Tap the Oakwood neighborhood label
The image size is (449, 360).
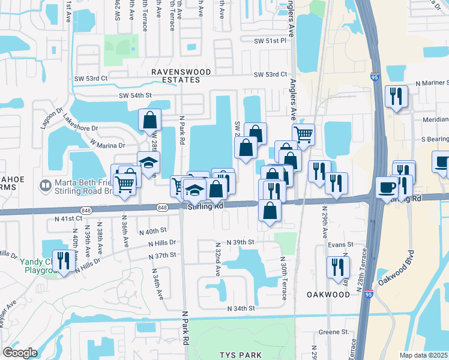pyautogui.click(x=328, y=295)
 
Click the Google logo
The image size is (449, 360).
pyautogui.click(x=20, y=353)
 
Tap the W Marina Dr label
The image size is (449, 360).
pyautogui.click(x=107, y=145)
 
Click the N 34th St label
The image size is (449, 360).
pyautogui.click(x=241, y=308)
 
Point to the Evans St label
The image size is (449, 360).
pyautogui.click(x=340, y=245)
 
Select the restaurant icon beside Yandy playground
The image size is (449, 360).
pyautogui.click(x=61, y=260)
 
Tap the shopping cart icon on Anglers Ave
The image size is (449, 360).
pyautogui.click(x=304, y=134)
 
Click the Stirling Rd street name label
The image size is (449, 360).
pyautogui.click(x=205, y=206)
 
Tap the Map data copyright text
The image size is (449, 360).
pyautogui.click(x=423, y=355)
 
